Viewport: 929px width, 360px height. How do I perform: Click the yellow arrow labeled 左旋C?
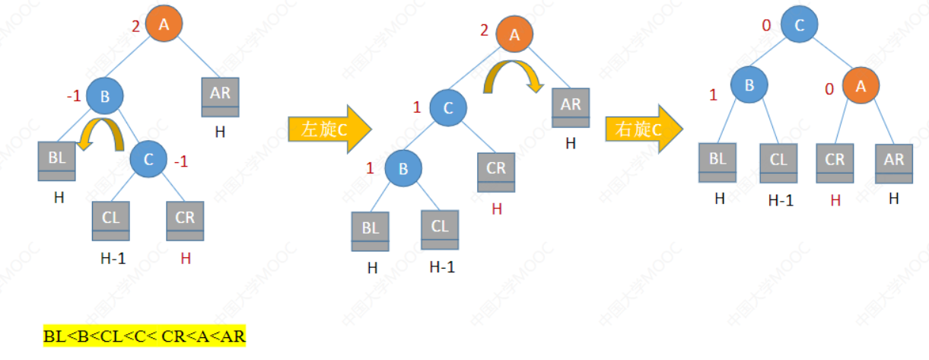[328, 129]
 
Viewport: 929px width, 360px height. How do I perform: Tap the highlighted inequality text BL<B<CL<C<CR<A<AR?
[145, 336]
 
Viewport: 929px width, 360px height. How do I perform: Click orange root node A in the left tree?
[164, 26]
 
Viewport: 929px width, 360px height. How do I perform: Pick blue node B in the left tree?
[105, 96]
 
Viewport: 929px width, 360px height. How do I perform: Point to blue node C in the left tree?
[149, 160]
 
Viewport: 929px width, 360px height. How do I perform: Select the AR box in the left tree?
[220, 97]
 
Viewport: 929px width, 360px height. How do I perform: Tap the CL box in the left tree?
[111, 220]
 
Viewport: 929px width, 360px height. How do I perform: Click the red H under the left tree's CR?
[186, 259]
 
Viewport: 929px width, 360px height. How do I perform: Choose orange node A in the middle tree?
[516, 35]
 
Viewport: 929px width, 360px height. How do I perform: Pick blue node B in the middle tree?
[403, 169]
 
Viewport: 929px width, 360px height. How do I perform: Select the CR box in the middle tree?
[496, 172]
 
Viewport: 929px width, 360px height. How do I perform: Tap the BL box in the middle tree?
[370, 231]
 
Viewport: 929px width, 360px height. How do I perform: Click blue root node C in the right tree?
[798, 26]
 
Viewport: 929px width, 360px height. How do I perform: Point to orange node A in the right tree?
[861, 87]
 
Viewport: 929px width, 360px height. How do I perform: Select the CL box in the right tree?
[778, 163]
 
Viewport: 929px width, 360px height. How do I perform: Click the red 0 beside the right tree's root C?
[766, 27]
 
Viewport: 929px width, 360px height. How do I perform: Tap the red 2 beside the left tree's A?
[135, 27]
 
